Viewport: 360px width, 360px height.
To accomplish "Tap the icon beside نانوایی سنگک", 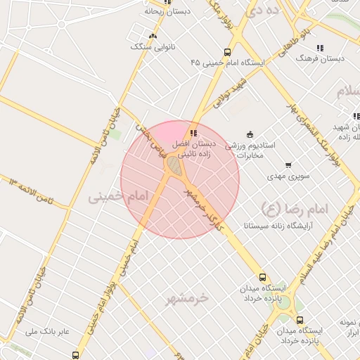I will (x=153, y=36).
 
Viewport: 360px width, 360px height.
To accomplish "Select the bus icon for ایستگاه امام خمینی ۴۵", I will (x=227, y=52).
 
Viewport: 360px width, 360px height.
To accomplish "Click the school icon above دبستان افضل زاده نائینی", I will (x=193, y=132).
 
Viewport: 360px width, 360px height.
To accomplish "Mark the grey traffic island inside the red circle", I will (x=174, y=166).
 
